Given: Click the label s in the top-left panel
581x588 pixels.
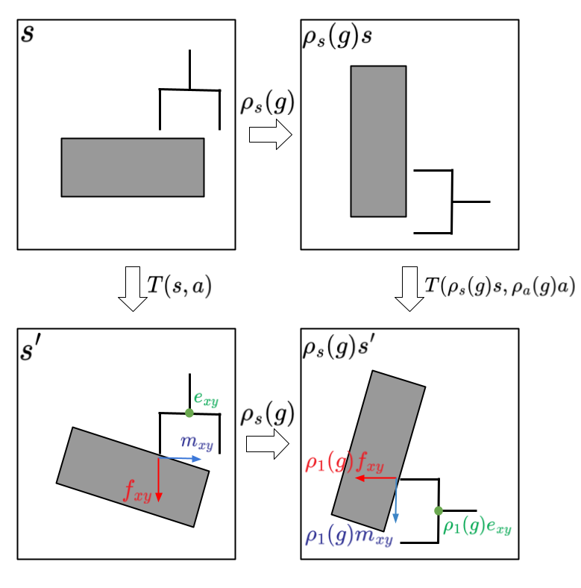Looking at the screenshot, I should pos(28,34).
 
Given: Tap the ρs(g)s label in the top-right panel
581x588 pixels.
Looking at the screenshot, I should pos(337,38).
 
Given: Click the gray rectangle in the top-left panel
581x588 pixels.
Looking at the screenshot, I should pos(133,167).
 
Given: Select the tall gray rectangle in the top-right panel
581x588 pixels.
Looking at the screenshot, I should pos(378,141).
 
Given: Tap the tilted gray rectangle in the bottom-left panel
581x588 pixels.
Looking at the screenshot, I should pos(133,477).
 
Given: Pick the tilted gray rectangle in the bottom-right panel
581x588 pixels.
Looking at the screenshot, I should pos(378,451).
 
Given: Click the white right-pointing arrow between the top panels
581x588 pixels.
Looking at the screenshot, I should pos(270,134).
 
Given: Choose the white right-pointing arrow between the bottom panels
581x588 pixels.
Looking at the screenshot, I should pos(268,444).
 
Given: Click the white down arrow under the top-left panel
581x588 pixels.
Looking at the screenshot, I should pos(133,288).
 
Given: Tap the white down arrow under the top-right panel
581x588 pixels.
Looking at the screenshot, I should pos(409,288).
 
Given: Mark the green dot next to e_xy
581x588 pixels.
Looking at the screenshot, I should pos(189,413).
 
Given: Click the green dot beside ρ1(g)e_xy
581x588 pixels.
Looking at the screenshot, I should pos(439,510).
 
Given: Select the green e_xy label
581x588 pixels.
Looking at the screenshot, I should pos(206,398).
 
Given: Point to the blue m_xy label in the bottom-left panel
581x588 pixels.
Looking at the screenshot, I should pos(197,442).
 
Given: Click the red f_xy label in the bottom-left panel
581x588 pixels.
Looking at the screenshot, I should pos(138,490).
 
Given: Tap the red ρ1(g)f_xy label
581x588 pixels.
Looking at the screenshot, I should pos(345,463).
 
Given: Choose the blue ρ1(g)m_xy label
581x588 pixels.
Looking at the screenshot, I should pos(348,537).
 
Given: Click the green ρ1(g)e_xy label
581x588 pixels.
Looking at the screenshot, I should pos(477,527).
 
